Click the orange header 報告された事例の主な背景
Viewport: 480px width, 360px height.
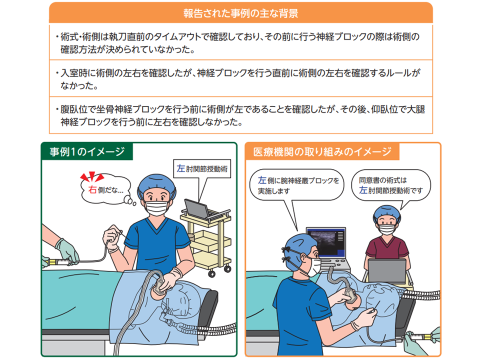pyautogui.click(x=241, y=13)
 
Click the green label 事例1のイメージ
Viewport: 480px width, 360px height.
pyautogui.click(x=87, y=151)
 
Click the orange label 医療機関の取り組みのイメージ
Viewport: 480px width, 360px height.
pyautogui.click(x=322, y=151)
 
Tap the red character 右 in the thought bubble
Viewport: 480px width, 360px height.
pyautogui.click(x=92, y=190)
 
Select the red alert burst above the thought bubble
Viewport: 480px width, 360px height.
pyautogui.click(x=92, y=176)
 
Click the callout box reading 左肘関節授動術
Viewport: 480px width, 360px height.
pyautogui.click(x=202, y=168)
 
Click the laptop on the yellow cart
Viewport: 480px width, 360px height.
pyautogui.click(x=198, y=209)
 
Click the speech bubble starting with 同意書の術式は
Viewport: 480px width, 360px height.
pyautogui.click(x=390, y=185)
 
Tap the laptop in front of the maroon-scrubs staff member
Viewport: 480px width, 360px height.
pyautogui.click(x=387, y=271)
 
